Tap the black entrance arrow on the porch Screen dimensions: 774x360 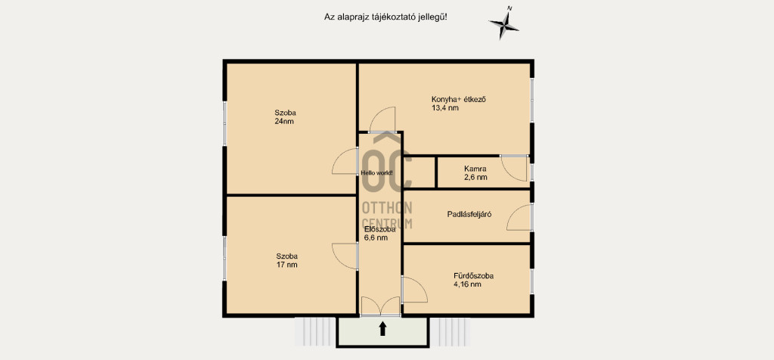pyautogui.click(x=382, y=329)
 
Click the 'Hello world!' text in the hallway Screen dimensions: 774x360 pyautogui.click(x=377, y=173)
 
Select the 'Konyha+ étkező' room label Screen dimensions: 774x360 pyautogui.click(x=459, y=99)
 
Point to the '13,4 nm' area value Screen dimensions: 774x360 pyautogui.click(x=445, y=107)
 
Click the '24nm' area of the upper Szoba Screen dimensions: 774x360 pyautogui.click(x=284, y=121)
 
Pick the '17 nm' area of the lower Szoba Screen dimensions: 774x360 pyautogui.click(x=286, y=265)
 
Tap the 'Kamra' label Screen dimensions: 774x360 pyautogui.click(x=475, y=169)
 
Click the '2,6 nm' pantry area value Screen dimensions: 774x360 pyautogui.click(x=475, y=177)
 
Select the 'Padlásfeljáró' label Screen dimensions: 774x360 pyautogui.click(x=469, y=214)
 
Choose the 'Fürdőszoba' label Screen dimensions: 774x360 pyautogui.click(x=473, y=275)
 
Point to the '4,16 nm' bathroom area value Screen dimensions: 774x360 pyautogui.click(x=467, y=284)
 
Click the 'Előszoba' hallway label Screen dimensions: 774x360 pyautogui.click(x=379, y=229)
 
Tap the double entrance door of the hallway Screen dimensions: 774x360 pyautogui.click(x=380, y=306)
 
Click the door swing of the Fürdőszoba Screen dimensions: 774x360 pyautogui.click(x=415, y=290)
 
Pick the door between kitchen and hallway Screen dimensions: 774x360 pyautogui.click(x=382, y=119)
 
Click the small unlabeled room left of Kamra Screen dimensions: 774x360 pyautogui.click(x=420, y=172)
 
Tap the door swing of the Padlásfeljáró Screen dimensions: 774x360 pyautogui.click(x=519, y=217)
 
